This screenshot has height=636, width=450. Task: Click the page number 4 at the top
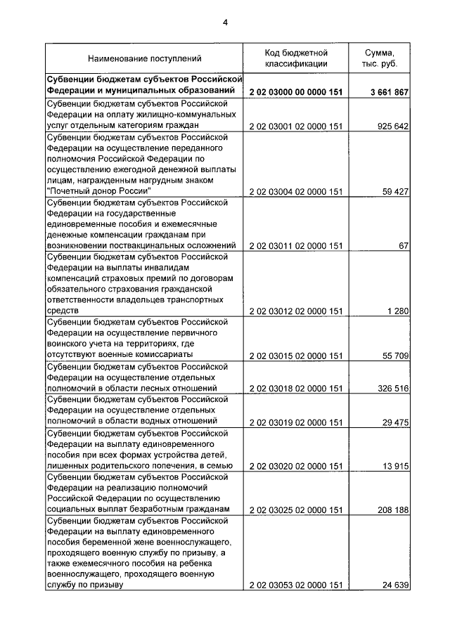tap(225, 22)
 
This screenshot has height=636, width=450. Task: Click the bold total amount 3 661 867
tap(389, 92)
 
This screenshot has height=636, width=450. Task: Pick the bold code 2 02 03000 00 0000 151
tap(296, 92)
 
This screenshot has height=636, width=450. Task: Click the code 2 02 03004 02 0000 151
tap(296, 190)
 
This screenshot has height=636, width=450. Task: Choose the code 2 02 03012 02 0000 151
tap(296, 311)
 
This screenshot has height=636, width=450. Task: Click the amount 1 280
tap(398, 311)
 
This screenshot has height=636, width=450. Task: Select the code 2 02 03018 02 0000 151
tap(296, 388)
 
